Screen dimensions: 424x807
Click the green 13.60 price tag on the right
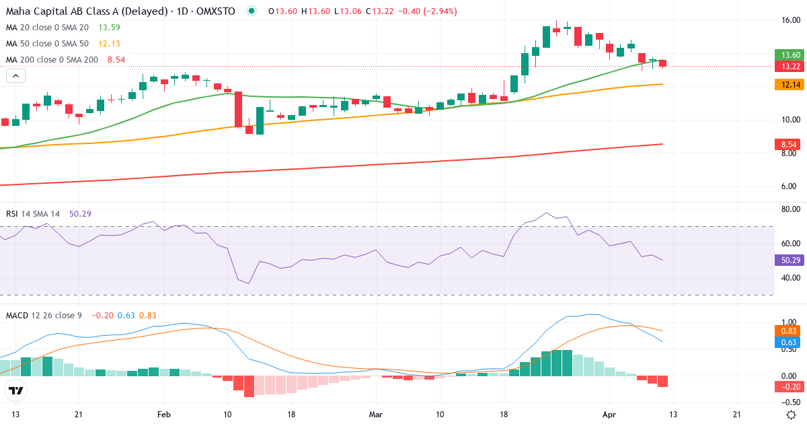point(790,55)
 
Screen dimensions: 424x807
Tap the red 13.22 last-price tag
point(790,66)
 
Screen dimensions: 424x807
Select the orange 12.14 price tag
point(790,85)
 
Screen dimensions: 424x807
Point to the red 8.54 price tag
point(790,144)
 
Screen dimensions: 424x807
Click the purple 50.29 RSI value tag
point(790,260)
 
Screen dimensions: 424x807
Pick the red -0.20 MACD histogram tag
point(790,386)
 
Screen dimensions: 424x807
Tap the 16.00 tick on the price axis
point(790,20)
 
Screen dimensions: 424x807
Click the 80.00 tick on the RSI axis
point(790,209)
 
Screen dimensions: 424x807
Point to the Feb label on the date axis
point(163,415)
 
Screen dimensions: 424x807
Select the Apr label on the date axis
point(609,415)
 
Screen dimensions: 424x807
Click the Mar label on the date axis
point(376,415)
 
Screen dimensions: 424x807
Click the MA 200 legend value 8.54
point(116,60)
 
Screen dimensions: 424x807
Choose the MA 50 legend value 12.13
point(110,44)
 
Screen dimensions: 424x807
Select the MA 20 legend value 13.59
point(110,28)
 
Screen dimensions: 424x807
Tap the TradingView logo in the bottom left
point(16,390)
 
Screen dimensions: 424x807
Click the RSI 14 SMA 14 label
point(33,214)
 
